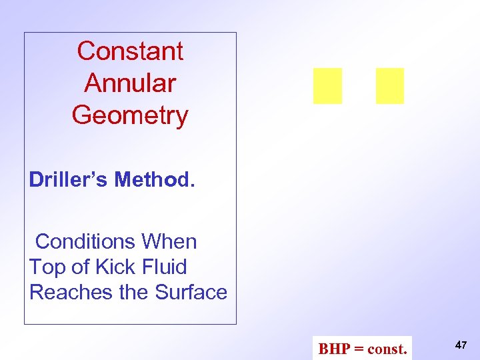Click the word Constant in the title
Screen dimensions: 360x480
coord(130,51)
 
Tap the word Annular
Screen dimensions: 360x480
coord(130,83)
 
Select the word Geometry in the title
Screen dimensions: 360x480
coord(130,115)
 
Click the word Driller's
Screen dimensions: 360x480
coord(69,179)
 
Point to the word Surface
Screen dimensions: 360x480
coord(191,292)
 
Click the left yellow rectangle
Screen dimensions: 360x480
coord(327,86)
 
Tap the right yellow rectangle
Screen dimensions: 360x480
coord(390,86)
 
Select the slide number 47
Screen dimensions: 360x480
coord(461,345)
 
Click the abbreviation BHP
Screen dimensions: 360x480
coord(333,349)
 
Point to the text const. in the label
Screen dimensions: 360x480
coord(387,349)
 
